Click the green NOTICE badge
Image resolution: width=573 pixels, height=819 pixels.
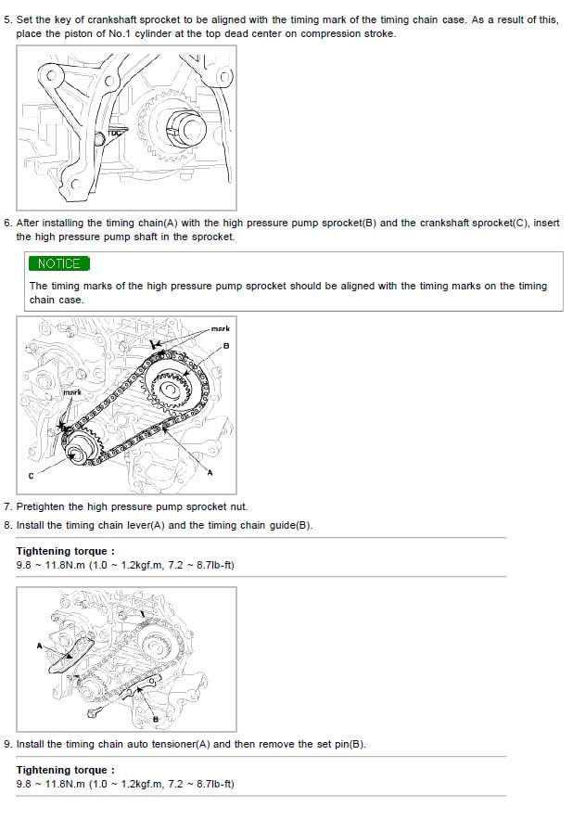pos(59,263)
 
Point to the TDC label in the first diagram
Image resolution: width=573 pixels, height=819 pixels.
pos(114,133)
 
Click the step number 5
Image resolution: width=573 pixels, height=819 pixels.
pos(6,19)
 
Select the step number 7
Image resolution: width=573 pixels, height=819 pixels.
pos(6,506)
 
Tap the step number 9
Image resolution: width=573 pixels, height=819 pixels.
pos(6,744)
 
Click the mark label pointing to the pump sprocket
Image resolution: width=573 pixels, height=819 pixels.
pos(221,328)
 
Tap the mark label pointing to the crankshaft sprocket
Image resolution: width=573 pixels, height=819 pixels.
pos(72,392)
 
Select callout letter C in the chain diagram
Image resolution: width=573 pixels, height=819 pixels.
pos(31,476)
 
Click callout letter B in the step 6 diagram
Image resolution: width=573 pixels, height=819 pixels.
pos(226,346)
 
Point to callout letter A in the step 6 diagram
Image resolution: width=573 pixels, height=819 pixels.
pos(210,473)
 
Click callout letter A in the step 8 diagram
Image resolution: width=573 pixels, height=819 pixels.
pos(39,646)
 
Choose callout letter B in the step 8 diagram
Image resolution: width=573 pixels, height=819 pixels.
pos(155,719)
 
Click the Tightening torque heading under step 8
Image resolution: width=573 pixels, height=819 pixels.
pos(65,551)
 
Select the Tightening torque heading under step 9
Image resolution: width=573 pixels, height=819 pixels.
pos(65,770)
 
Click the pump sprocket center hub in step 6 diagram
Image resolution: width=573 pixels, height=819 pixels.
pos(169,390)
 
